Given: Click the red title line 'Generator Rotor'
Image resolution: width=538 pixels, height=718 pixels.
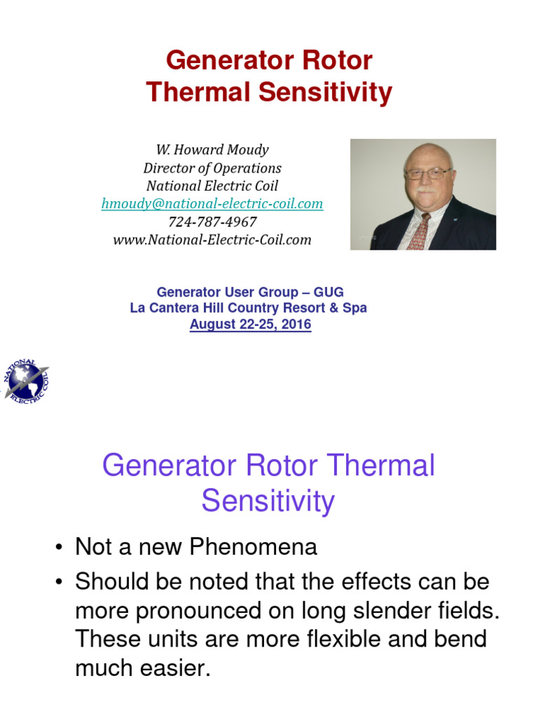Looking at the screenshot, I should pos(269,61).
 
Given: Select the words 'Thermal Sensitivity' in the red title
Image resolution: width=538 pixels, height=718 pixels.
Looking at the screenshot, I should pos(269,93).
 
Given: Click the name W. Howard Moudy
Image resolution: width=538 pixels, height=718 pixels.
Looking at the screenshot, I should pos(212,150).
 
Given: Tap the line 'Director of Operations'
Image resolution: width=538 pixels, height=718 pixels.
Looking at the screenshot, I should pos(212,168).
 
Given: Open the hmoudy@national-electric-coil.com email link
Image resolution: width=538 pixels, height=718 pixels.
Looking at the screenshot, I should pos(212,203).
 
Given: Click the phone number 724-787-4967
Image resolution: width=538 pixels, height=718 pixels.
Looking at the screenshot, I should pos(212,222).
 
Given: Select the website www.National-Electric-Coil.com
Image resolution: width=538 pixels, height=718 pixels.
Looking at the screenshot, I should pos(212,240).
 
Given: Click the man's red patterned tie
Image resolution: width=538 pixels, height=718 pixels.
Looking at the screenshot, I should pos(419,232).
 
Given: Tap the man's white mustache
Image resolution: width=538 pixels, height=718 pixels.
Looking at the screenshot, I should pos(425,191).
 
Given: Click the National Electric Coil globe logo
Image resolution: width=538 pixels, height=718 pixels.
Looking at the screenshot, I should pos(26,381).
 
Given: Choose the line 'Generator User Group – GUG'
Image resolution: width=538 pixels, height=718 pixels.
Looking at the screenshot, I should pos(250,292).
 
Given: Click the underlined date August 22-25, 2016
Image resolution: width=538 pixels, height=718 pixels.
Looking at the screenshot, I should pos(250,325).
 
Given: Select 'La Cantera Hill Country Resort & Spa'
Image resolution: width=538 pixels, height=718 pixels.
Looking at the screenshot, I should pos(249,308).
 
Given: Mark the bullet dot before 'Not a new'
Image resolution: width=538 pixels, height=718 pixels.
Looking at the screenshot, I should pos(60,548).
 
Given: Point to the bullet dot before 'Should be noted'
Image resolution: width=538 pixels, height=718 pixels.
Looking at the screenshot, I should pos(60,582).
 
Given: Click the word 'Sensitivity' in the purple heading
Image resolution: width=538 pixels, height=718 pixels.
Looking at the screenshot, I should pos(268,502).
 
